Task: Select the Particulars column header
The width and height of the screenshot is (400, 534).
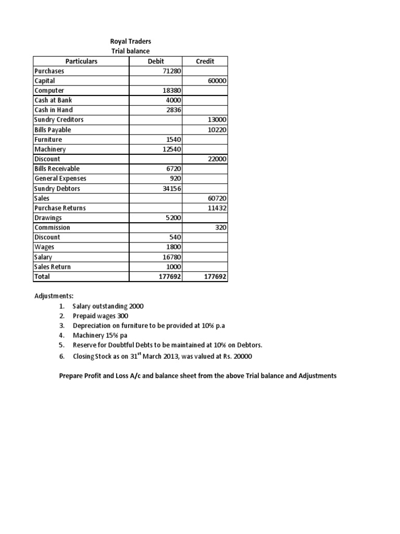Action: (81, 61)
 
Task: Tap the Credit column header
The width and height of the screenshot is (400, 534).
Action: (205, 61)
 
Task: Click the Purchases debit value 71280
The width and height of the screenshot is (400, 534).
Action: (171, 71)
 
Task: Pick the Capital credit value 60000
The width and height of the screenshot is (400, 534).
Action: (217, 81)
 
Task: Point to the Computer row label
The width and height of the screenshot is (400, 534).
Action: (49, 90)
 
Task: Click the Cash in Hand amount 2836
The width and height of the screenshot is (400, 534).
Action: (173, 110)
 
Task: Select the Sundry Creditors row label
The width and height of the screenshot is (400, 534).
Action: (59, 120)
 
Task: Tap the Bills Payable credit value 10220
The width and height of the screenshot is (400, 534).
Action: (217, 130)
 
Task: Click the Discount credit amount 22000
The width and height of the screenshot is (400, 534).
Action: (217, 159)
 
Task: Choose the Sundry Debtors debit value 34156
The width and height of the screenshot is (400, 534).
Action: (171, 188)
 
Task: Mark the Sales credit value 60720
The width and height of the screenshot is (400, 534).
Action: (217, 198)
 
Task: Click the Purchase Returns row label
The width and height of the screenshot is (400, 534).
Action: (60, 208)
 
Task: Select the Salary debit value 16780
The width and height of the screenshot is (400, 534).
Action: (171, 257)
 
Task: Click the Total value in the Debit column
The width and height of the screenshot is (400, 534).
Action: (170, 277)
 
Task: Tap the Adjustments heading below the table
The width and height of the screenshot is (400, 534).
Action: (54, 296)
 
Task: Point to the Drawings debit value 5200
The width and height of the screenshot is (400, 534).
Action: (173, 218)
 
